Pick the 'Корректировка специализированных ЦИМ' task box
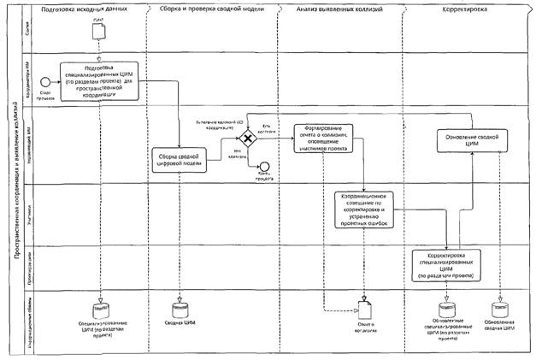pos(445,266)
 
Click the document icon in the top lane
pos(98,31)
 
